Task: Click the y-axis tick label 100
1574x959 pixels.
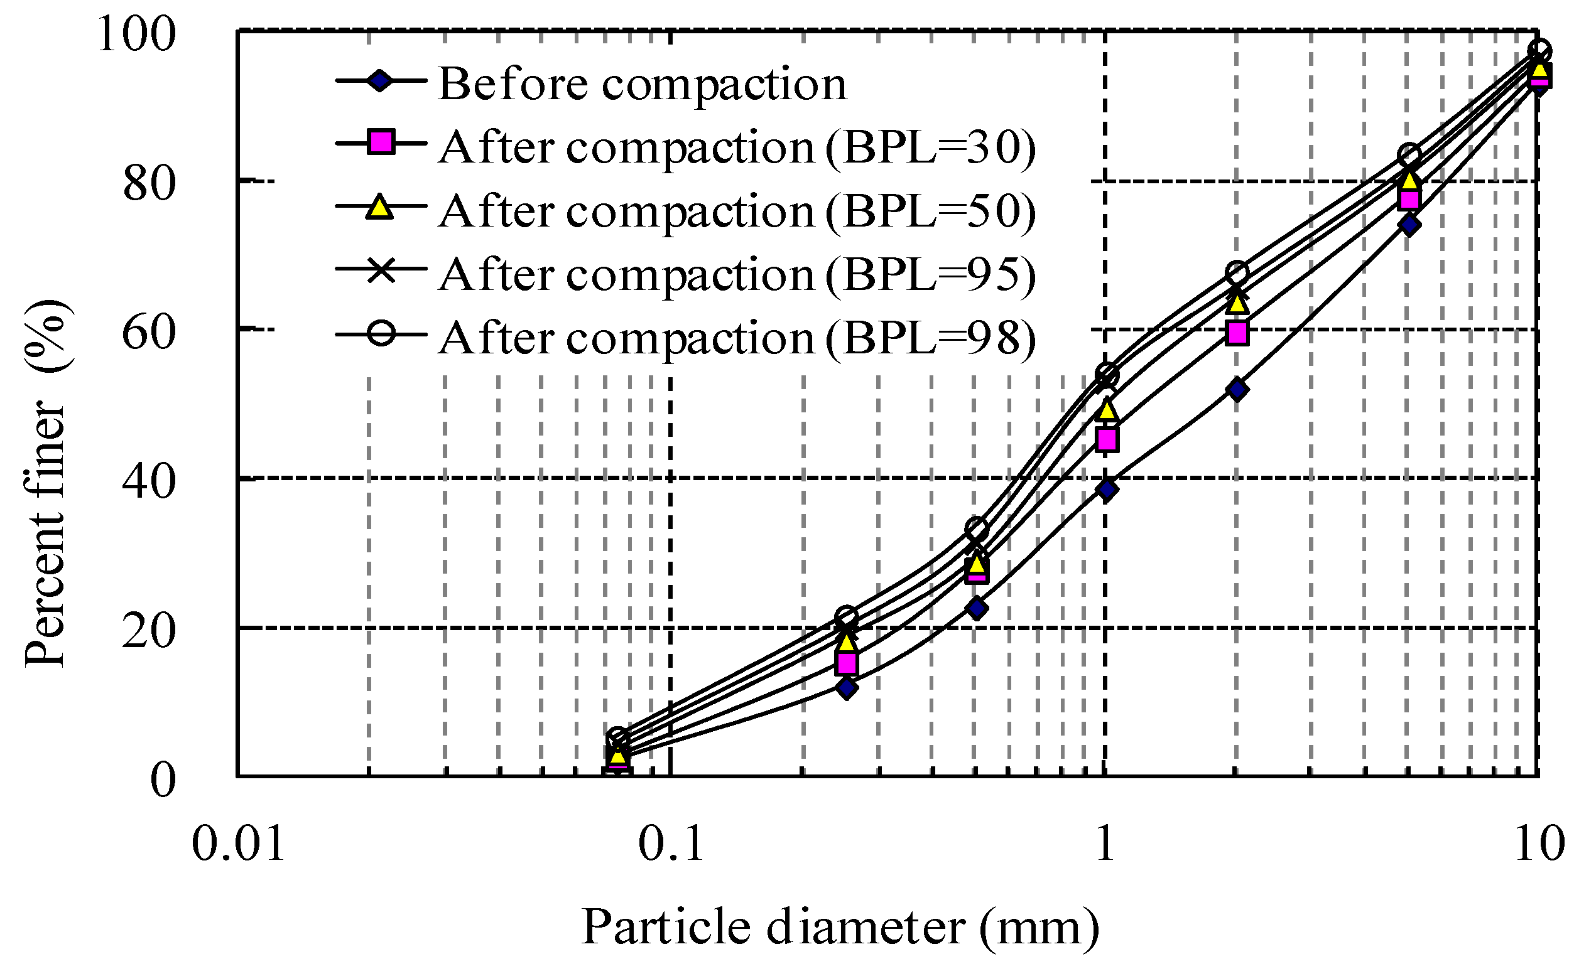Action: (x=136, y=35)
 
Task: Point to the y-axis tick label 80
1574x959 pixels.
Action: (x=148, y=185)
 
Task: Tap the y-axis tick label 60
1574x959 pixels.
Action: (x=148, y=333)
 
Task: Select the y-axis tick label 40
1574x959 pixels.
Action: (x=148, y=483)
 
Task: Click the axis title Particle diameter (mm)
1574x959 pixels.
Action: (x=839, y=927)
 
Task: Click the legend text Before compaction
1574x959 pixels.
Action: (x=642, y=83)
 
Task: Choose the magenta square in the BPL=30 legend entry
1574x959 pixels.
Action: (x=381, y=142)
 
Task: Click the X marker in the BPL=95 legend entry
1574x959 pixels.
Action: (x=381, y=269)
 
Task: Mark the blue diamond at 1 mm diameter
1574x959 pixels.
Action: (x=1107, y=490)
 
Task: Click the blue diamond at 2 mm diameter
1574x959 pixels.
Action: (x=1237, y=390)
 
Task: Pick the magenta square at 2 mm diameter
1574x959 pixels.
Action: (x=1237, y=333)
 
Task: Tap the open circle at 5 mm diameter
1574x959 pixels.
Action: (x=1409, y=155)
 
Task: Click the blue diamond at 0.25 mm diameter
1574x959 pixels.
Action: (x=847, y=688)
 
